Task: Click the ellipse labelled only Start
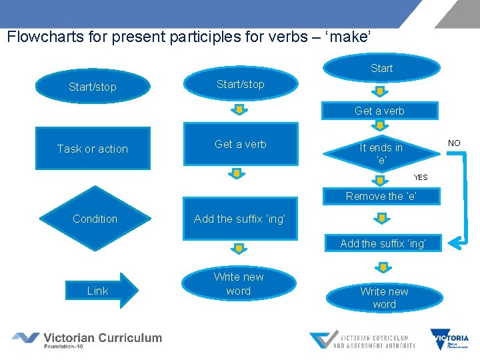[382, 68]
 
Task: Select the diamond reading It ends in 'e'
[381, 154]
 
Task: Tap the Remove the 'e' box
[381, 196]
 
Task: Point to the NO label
[454, 143]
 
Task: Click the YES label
[421, 177]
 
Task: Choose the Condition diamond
[95, 219]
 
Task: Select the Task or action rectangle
[93, 149]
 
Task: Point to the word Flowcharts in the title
[40, 37]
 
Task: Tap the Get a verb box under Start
[379, 111]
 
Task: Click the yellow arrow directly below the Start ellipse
[380, 90]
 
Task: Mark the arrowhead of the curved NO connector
[454, 243]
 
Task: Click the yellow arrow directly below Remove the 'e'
[381, 219]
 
